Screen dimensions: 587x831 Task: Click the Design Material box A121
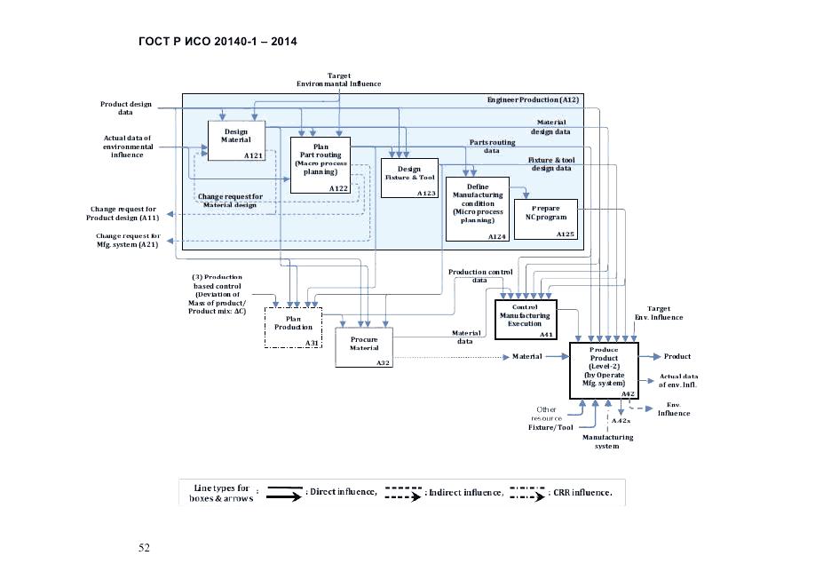tap(236, 140)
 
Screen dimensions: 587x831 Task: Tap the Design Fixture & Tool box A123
tap(409, 178)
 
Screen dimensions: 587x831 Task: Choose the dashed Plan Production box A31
tap(293, 327)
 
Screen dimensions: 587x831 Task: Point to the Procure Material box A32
tap(363, 346)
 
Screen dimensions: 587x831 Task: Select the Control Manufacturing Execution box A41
tap(525, 320)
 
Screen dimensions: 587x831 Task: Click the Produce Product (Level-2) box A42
tap(604, 369)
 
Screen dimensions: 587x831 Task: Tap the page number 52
tap(144, 547)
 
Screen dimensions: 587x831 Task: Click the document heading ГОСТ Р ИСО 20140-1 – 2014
tap(218, 42)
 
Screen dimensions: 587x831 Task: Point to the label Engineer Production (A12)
tap(533, 99)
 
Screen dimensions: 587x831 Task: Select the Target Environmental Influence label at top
tap(338, 80)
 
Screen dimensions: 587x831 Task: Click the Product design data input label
tap(125, 108)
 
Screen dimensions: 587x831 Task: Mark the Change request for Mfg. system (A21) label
tap(128, 240)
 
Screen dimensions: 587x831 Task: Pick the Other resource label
tap(547, 413)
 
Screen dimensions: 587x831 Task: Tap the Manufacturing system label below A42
tap(608, 441)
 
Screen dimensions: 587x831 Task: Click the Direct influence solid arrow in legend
tap(278, 492)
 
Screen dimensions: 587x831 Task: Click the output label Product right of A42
tap(677, 356)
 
